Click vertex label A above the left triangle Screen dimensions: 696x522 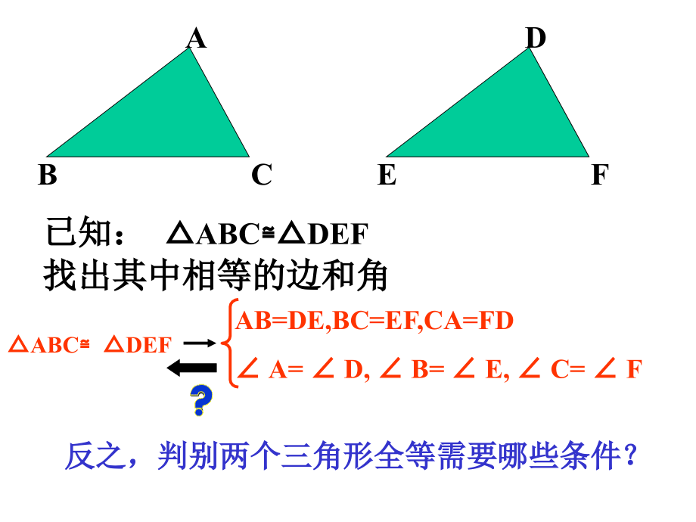(x=196, y=38)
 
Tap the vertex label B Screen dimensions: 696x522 (x=48, y=175)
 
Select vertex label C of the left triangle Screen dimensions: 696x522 (x=262, y=175)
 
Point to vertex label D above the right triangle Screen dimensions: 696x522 (x=536, y=38)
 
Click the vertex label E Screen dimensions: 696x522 (x=387, y=175)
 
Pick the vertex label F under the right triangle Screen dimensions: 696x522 (x=600, y=175)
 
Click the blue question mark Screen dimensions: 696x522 (x=201, y=399)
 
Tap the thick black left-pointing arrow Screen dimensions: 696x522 (x=191, y=368)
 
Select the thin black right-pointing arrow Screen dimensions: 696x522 (x=200, y=343)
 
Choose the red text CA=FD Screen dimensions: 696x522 (x=469, y=321)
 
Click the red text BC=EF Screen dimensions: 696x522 (x=375, y=321)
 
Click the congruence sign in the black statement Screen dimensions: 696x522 (x=268, y=231)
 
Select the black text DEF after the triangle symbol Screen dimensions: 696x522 (x=338, y=234)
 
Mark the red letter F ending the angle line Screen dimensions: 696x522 (x=634, y=369)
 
